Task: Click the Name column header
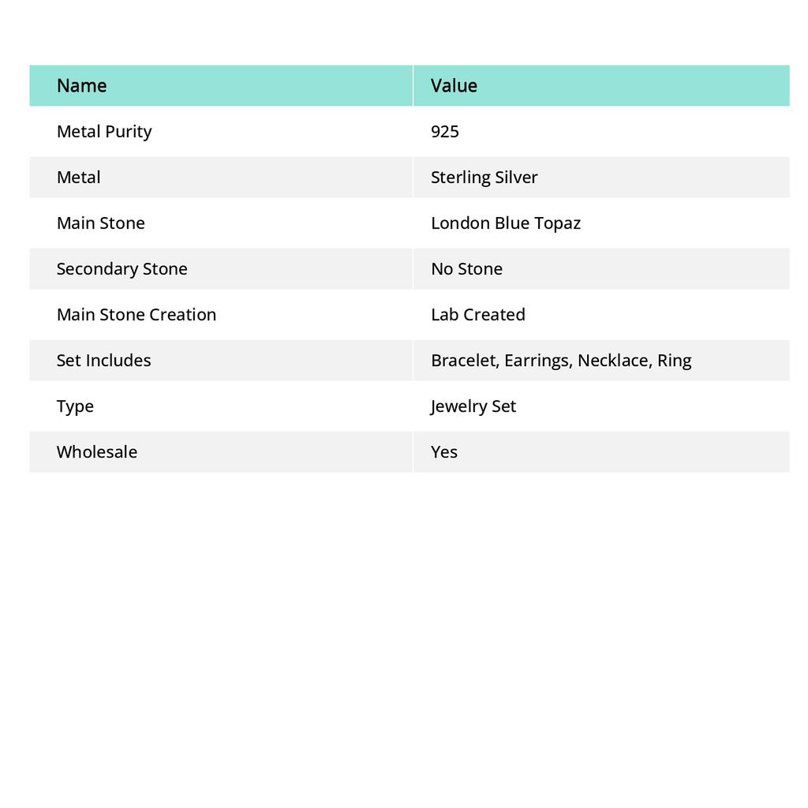(82, 86)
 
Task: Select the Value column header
(454, 86)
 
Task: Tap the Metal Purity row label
(104, 132)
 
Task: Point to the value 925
(445, 132)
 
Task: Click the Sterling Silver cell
(484, 178)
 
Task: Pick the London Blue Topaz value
(505, 223)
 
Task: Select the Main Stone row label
(101, 223)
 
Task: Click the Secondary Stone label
(122, 269)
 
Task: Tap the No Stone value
(466, 269)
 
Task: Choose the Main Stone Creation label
(137, 315)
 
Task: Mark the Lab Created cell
(477, 315)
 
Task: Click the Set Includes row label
(103, 361)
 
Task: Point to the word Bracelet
(463, 361)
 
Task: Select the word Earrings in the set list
(537, 361)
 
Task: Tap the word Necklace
(613, 361)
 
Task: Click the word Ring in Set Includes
(675, 361)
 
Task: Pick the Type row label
(75, 406)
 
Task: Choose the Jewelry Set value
(473, 406)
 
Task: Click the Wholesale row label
(97, 452)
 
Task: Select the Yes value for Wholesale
(444, 452)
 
